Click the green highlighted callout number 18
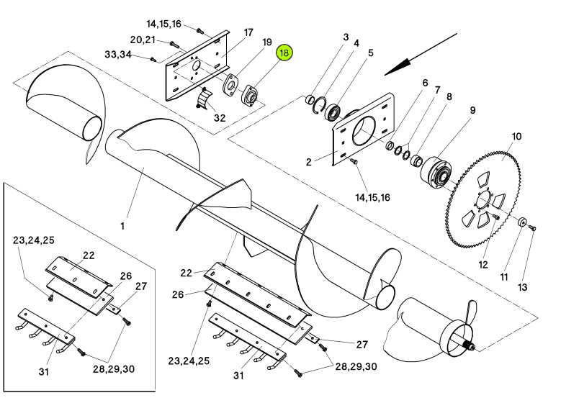(284, 53)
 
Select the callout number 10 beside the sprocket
(516, 137)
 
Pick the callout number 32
(220, 117)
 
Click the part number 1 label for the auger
(122, 227)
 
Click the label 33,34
(117, 55)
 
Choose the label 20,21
(143, 40)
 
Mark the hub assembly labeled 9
(436, 172)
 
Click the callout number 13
(522, 287)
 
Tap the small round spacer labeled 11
(521, 222)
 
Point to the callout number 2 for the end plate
(309, 162)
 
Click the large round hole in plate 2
(364, 132)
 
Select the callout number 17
(248, 32)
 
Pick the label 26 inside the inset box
(125, 276)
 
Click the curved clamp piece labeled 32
(205, 99)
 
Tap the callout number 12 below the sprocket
(483, 265)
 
